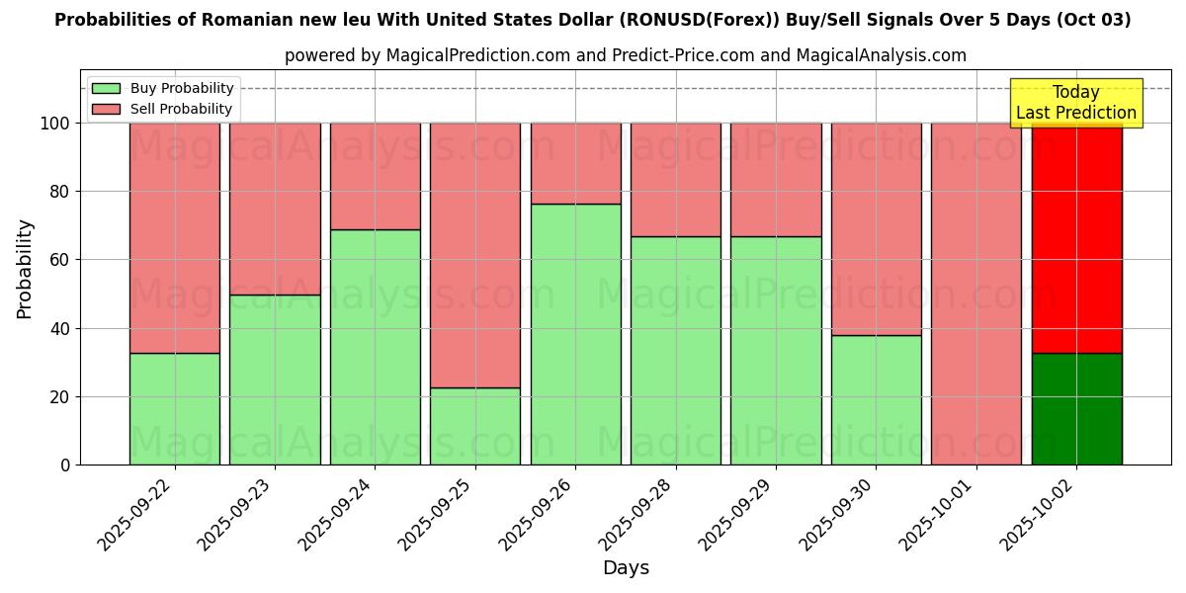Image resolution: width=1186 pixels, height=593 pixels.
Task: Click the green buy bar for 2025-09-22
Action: pyautogui.click(x=174, y=408)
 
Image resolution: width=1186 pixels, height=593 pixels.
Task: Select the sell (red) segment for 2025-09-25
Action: pyautogui.click(x=475, y=255)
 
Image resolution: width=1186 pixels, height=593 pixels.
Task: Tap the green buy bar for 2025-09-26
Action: pyautogui.click(x=576, y=334)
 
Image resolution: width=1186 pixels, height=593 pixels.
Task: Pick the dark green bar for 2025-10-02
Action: pyautogui.click(x=1076, y=408)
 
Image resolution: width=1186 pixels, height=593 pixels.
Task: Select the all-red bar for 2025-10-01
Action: pyautogui.click(x=976, y=294)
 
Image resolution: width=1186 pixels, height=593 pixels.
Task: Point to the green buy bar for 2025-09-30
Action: pyautogui.click(x=877, y=399)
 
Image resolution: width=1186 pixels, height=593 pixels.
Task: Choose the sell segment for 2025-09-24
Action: pyautogui.click(x=375, y=176)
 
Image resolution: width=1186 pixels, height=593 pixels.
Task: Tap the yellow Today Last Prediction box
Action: pyautogui.click(x=1076, y=103)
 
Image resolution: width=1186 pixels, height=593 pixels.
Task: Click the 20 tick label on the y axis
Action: pyautogui.click(x=61, y=397)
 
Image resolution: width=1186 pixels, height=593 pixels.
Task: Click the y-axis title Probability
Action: pyautogui.click(x=25, y=268)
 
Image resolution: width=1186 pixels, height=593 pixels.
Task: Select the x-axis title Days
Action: pyautogui.click(x=626, y=568)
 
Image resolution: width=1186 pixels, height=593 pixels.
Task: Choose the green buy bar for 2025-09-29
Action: pyautogui.click(x=776, y=350)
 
